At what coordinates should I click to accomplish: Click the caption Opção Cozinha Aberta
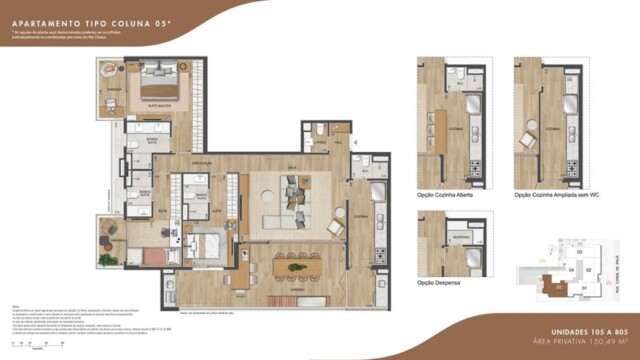[x=444, y=195]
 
